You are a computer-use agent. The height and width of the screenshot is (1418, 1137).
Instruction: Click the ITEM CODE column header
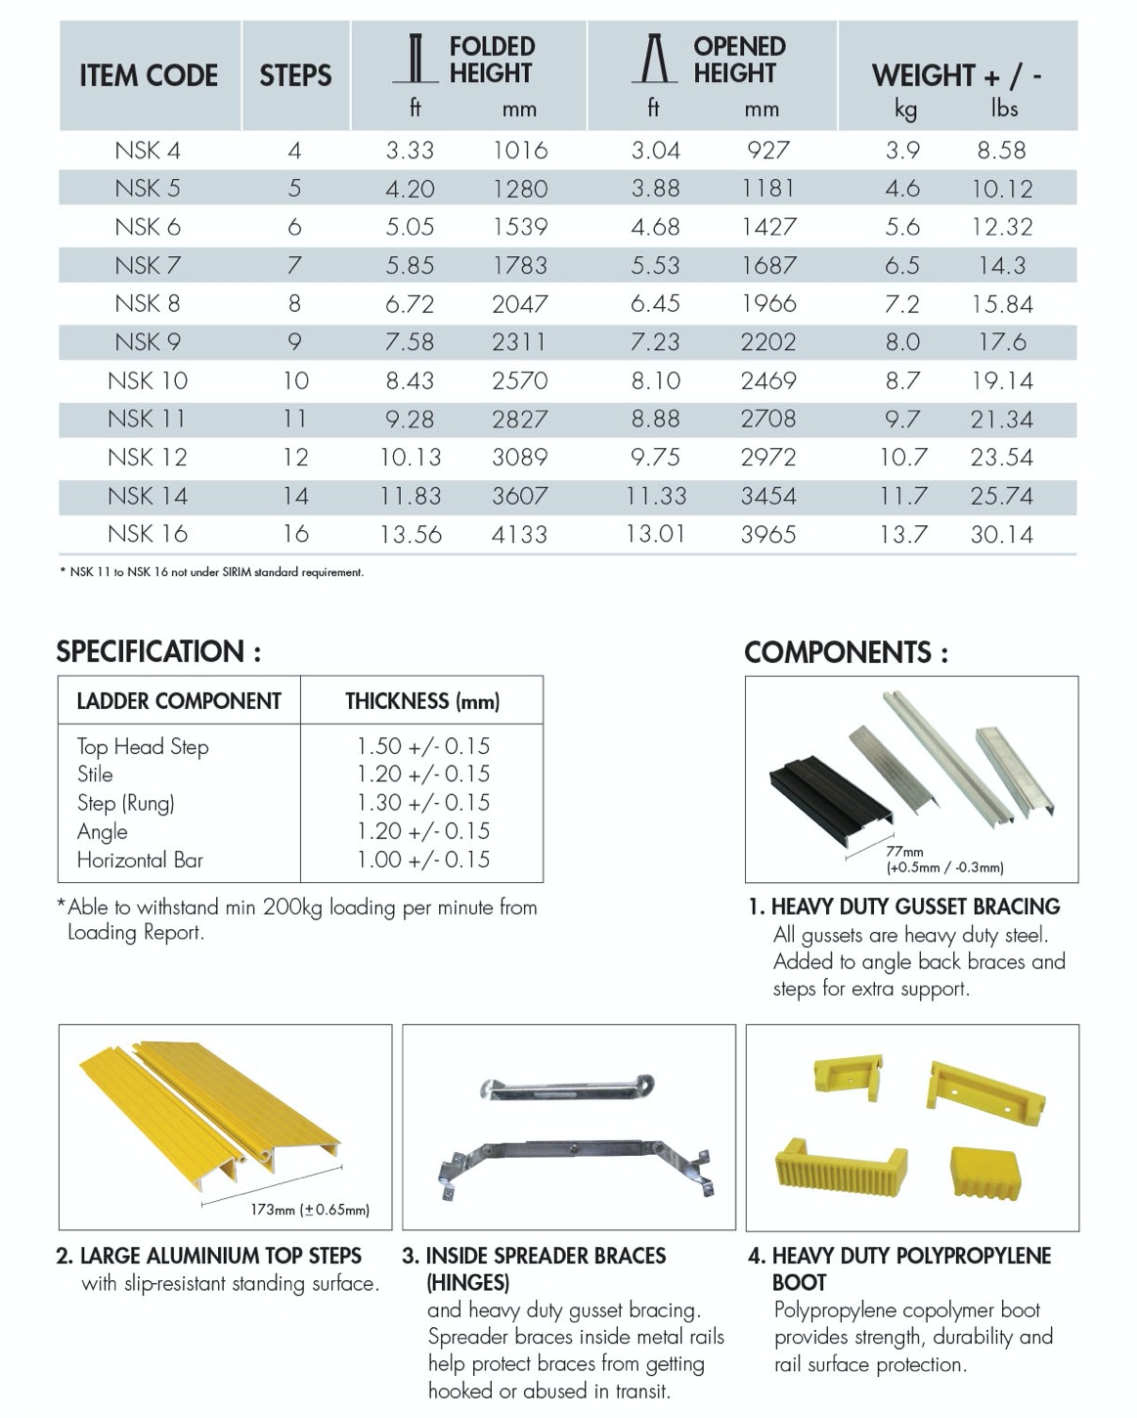149,75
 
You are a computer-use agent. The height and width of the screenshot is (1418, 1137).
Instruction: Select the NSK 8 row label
148,303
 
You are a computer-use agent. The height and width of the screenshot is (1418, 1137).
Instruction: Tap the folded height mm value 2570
519,380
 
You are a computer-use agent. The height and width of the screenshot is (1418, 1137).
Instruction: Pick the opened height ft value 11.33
656,496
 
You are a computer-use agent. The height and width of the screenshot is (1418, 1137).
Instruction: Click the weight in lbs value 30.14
1002,534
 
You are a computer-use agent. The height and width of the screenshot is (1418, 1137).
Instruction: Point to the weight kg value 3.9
901,150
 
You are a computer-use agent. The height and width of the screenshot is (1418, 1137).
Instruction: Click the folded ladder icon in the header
416,60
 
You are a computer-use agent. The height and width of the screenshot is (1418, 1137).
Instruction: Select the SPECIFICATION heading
158,651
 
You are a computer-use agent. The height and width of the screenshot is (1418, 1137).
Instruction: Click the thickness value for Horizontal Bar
422,860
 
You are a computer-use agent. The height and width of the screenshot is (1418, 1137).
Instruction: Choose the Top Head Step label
143,746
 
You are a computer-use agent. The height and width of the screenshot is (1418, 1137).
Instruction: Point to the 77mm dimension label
904,852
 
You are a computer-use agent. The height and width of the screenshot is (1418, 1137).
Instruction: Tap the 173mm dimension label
309,1210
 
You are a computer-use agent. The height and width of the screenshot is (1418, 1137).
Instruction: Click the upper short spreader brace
566,1087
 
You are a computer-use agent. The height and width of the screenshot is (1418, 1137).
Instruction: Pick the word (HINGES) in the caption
468,1282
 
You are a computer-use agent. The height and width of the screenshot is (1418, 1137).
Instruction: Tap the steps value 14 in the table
295,496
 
